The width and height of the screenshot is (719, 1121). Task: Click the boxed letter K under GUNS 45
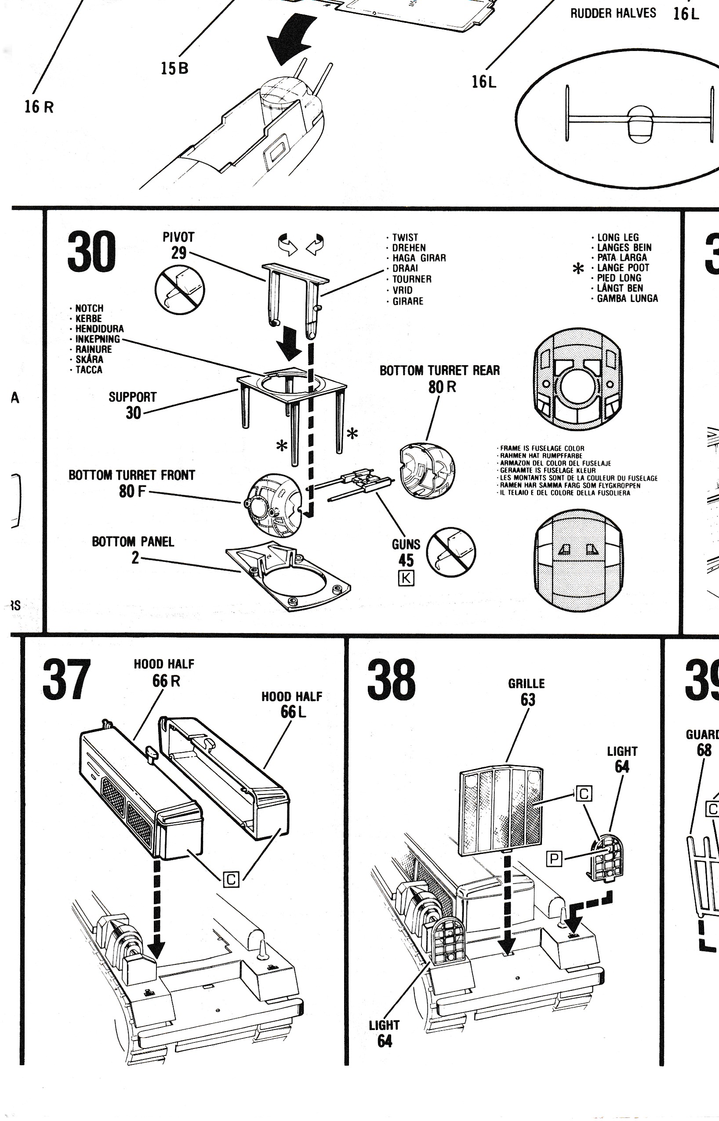coord(406,578)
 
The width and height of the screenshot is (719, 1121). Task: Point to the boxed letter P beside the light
coord(554,858)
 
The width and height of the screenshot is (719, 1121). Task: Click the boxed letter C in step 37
coord(231,880)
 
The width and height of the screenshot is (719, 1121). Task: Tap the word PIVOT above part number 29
coord(178,237)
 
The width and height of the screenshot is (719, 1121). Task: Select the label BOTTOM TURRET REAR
coord(439,370)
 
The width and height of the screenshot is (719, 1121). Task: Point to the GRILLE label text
coord(526,684)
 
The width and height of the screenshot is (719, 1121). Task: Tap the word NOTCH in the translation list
coord(89,308)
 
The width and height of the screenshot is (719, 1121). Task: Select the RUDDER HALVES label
coord(613,13)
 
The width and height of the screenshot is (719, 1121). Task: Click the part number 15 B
coord(174,69)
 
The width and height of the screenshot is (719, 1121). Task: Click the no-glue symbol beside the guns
coord(451,552)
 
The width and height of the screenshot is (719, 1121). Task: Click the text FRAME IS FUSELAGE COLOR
coord(542,449)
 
